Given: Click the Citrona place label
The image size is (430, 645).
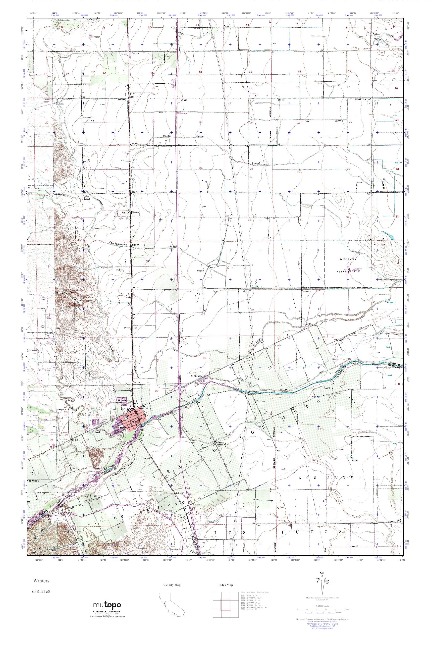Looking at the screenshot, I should [x=135, y=54].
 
